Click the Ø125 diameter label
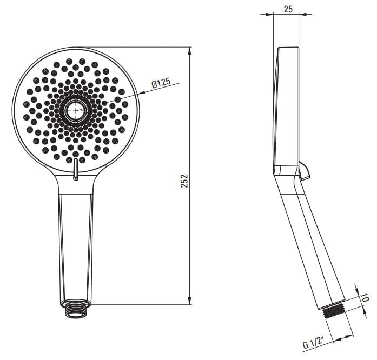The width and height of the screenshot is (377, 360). point(161,83)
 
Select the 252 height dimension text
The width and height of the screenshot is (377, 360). point(184,181)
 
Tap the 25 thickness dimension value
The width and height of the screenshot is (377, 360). point(288,9)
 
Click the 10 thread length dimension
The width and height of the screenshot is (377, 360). point(365,297)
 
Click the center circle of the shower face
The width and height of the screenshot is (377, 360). point(76,111)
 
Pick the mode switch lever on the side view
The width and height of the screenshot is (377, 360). point(304,171)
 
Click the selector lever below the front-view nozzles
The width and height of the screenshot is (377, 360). point(76,169)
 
